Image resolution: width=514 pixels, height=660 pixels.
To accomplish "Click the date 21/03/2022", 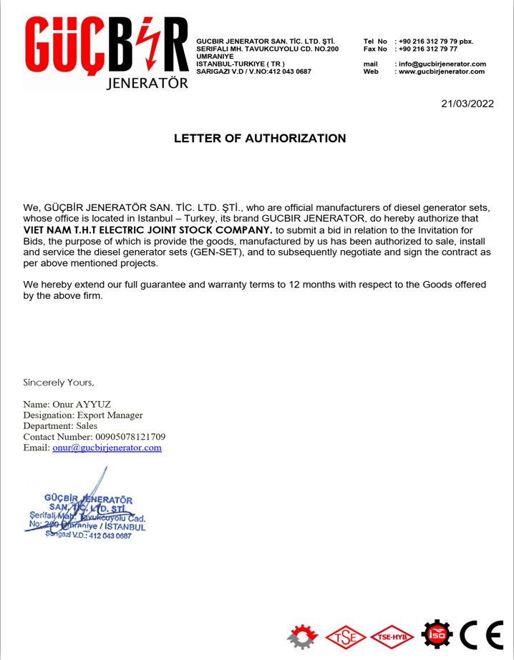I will point(467,104).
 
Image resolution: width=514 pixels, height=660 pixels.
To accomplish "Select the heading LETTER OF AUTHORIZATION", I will point(260,139).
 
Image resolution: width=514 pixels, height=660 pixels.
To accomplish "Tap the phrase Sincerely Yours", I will point(59,382).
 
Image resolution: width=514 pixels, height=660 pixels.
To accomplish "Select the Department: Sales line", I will point(60,425).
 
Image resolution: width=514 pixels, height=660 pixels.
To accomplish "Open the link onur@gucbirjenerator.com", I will point(107,448).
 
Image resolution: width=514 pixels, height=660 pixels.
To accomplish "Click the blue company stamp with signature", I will point(87,511).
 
